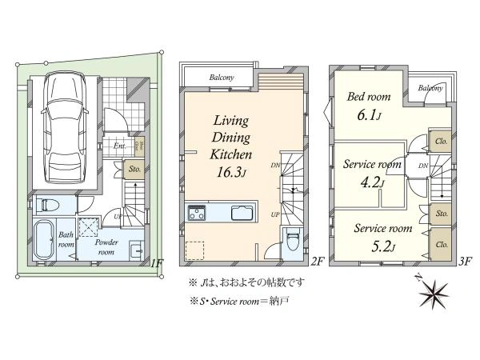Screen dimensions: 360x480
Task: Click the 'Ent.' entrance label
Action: [x=119, y=146]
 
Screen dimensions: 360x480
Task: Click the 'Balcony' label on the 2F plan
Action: [x=222, y=78]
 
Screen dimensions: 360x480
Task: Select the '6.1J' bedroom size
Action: [x=368, y=116]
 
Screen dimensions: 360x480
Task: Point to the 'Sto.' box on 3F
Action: [x=440, y=214]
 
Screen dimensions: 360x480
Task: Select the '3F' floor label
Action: [x=466, y=261]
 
